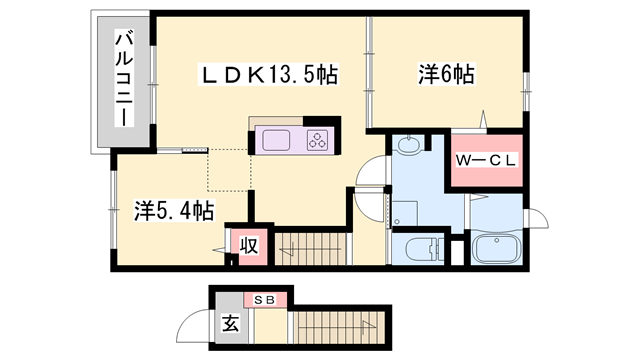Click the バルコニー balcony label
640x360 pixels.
(x=123, y=79)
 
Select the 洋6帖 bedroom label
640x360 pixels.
(x=445, y=73)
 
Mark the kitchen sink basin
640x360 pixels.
(x=276, y=141)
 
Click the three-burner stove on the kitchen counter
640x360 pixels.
(x=317, y=141)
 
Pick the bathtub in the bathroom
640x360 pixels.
(x=495, y=250)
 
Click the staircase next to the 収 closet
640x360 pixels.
(x=310, y=246)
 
